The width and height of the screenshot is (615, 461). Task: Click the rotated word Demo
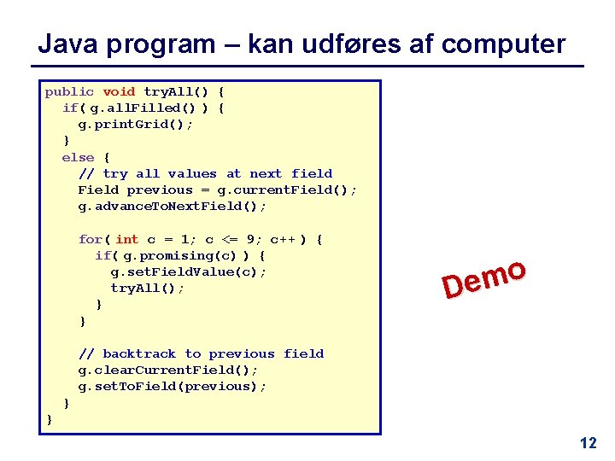tap(483, 280)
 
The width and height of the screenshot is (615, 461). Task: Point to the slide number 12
tap(588, 443)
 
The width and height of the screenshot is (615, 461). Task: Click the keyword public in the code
tap(70, 91)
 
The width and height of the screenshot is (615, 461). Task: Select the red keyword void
tap(119, 91)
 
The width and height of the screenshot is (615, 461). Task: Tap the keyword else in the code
tap(78, 157)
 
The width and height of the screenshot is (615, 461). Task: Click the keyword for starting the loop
tap(90, 239)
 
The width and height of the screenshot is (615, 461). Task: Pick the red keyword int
tap(126, 239)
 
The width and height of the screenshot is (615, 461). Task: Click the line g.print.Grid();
tap(136, 124)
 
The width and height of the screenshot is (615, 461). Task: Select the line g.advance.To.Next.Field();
tap(173, 206)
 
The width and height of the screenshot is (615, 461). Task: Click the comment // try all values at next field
tap(205, 173)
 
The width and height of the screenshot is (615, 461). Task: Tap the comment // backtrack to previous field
tap(201, 353)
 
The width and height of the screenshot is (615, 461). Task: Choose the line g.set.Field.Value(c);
tap(189, 271)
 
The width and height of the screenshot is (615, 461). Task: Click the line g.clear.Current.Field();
tap(168, 370)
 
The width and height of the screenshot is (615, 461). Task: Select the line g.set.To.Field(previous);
tap(173, 386)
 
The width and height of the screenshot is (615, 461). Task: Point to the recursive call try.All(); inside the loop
tap(148, 288)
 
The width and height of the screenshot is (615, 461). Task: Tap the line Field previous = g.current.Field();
tap(218, 190)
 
